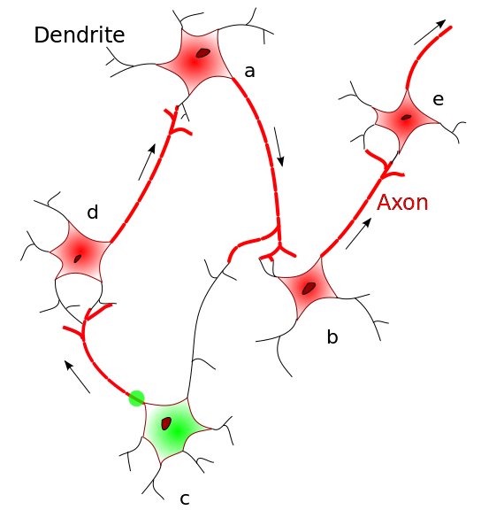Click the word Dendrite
[80, 35]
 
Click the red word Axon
[402, 202]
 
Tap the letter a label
[249, 71]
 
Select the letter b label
[332, 336]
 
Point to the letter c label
[185, 498]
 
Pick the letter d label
[93, 212]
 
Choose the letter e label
[438, 99]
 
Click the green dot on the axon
[137, 398]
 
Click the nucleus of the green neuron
[166, 423]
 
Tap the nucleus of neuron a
[203, 53]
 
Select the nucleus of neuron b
[309, 288]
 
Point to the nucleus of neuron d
[77, 259]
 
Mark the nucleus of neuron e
[406, 117]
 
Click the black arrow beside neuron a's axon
[279, 147]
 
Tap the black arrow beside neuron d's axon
[147, 162]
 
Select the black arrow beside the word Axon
[358, 234]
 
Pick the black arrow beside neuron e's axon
[430, 32]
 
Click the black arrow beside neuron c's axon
[77, 376]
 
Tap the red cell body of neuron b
[308, 288]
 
